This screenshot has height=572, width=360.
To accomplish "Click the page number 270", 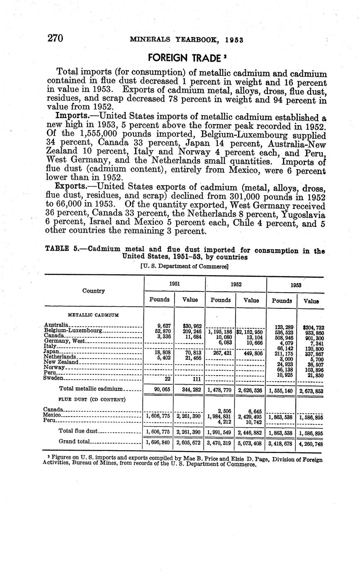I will tap(55, 39).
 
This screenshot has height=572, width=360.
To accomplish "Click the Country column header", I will tap(93, 291).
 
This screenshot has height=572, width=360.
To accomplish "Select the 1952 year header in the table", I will tap(236, 284).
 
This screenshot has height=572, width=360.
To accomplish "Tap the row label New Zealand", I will tap(61, 362).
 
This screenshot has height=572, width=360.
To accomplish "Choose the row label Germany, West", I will tap(64, 341).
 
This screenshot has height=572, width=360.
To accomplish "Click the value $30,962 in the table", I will tap(190, 326).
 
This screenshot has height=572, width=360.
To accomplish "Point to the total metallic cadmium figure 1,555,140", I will tap(282, 390).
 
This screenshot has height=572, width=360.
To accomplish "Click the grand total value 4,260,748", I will tap(311, 444).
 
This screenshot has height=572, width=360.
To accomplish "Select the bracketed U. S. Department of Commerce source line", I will tap(184, 266).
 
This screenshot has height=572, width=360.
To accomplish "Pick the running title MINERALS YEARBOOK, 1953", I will tap(186, 40).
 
